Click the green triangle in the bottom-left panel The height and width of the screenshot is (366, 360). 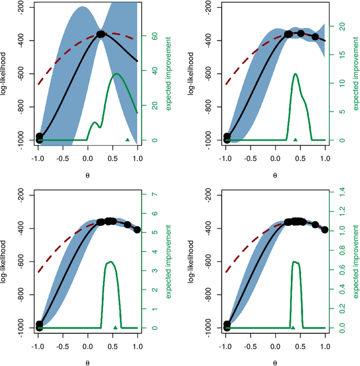pyautogui.click(x=115, y=327)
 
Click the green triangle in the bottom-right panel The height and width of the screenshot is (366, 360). pyautogui.click(x=292, y=327)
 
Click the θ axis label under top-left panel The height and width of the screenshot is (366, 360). pyautogui.click(x=88, y=175)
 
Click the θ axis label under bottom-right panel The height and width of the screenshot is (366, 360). pyautogui.click(x=275, y=363)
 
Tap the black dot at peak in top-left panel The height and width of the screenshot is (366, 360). pyautogui.click(x=101, y=34)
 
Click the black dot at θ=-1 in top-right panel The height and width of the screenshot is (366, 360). pyautogui.click(x=227, y=137)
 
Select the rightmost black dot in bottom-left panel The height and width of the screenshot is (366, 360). pyautogui.click(x=137, y=230)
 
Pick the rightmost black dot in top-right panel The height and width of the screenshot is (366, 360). pyautogui.click(x=315, y=37)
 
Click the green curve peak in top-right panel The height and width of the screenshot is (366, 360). pyautogui.click(x=295, y=74)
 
